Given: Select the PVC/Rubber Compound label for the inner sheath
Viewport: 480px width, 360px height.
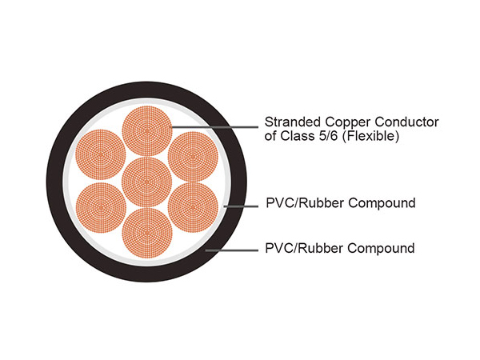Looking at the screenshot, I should [339, 203].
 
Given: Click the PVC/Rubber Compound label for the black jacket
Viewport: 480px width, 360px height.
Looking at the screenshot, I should [339, 248].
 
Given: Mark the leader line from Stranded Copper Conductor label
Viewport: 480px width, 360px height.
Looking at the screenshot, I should [216, 125].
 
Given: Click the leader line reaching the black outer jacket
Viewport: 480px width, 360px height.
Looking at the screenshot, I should [232, 250].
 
